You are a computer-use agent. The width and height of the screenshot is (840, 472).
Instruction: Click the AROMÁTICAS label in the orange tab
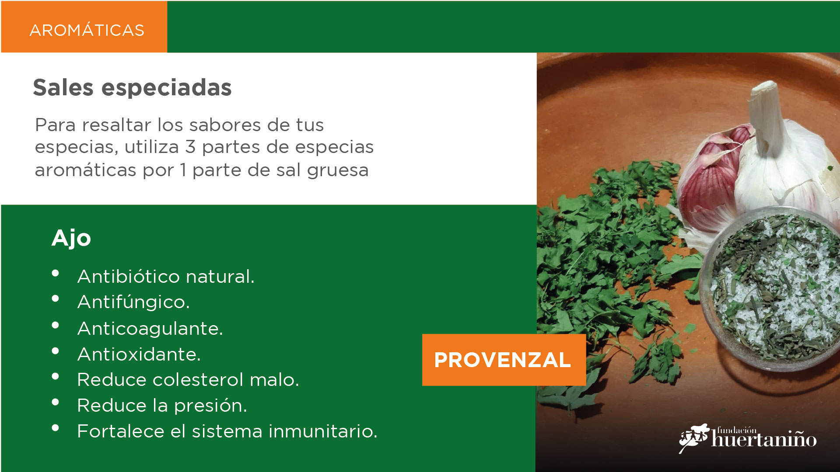click(87, 30)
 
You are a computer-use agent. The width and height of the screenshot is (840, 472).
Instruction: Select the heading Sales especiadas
click(132, 87)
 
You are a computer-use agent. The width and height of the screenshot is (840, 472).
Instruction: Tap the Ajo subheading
click(71, 239)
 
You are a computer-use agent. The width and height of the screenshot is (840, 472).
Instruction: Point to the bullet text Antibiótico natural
click(166, 276)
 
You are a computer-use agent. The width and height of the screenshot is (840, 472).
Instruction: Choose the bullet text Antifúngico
click(133, 302)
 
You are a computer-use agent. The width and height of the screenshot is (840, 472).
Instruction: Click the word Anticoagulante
click(150, 328)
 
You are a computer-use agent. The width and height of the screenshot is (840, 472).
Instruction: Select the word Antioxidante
click(139, 354)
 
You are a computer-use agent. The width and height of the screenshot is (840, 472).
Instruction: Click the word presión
click(210, 406)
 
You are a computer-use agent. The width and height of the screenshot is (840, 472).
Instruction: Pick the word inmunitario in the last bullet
click(323, 431)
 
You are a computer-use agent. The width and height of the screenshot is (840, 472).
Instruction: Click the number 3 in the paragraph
click(190, 147)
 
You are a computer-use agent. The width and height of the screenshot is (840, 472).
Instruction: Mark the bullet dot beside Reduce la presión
click(55, 402)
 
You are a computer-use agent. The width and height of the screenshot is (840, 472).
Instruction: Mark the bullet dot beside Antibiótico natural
click(55, 273)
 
